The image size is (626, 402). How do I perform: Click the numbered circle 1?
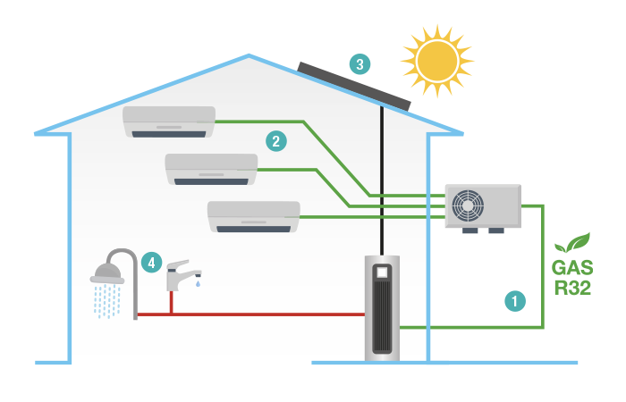click(514, 301)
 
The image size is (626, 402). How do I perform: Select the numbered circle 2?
click(276, 140)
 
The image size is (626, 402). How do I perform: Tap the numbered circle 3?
click(360, 64)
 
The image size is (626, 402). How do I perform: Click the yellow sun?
click(437, 60)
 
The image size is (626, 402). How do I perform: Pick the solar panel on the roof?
click(353, 84)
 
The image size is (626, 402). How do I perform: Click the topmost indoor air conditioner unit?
click(170, 121)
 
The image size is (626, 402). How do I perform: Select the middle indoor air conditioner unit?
click(212, 169)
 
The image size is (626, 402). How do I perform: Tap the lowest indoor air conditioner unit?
click(254, 216)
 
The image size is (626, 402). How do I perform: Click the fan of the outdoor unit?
click(468, 205)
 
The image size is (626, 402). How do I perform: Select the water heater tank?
click(382, 307)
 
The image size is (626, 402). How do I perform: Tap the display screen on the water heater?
click(382, 271)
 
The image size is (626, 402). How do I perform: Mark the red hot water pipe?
click(268, 314)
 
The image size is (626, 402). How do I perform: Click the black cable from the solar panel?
click(382, 179)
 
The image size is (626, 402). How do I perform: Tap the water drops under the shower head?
click(107, 301)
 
